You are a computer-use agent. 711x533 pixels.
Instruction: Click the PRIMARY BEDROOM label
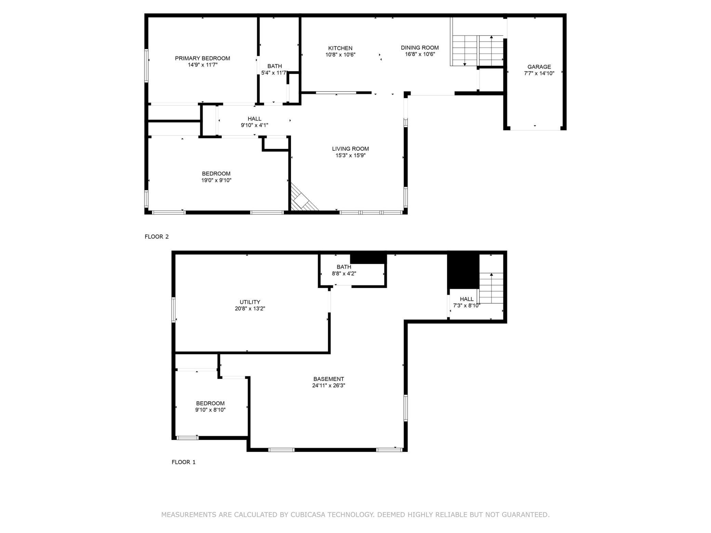coord(202,58)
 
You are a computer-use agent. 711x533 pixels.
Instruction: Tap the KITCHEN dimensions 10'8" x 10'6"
coord(340,55)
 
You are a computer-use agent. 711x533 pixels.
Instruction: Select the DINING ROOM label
coord(419,47)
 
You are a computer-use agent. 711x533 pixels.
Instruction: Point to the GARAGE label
coord(539,67)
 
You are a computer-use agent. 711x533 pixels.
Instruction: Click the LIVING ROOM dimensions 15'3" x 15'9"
coord(350,155)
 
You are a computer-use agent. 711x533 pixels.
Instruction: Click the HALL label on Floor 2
coord(254,119)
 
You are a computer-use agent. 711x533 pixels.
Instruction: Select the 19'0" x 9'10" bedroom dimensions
coord(216,180)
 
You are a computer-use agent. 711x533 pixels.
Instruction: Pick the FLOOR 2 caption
coord(157,236)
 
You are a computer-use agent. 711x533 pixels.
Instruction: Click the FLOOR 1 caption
coord(184,462)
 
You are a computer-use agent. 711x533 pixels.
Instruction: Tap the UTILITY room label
coord(250,302)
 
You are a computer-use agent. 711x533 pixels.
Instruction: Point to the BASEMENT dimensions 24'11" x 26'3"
coord(328,385)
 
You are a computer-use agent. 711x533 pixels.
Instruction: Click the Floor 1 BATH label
coord(344,267)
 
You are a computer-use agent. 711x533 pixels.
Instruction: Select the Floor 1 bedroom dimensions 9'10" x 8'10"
coord(210,410)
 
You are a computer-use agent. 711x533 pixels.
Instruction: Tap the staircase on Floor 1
coord(492,287)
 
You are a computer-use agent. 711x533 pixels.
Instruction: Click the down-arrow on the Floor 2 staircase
coord(465,64)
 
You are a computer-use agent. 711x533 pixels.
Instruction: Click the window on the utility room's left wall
coord(174,310)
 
